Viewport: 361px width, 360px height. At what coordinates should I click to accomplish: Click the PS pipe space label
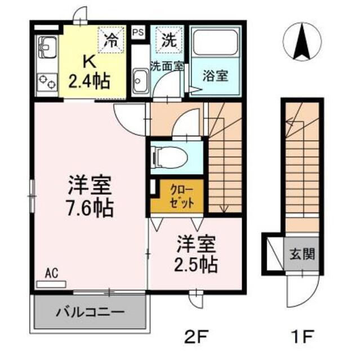[x=137, y=32]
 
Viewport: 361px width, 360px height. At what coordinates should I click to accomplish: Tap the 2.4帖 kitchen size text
[x=89, y=81]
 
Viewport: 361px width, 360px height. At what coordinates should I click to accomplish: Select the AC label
[x=52, y=274]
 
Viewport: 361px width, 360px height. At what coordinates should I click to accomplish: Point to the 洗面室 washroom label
[x=167, y=65]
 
